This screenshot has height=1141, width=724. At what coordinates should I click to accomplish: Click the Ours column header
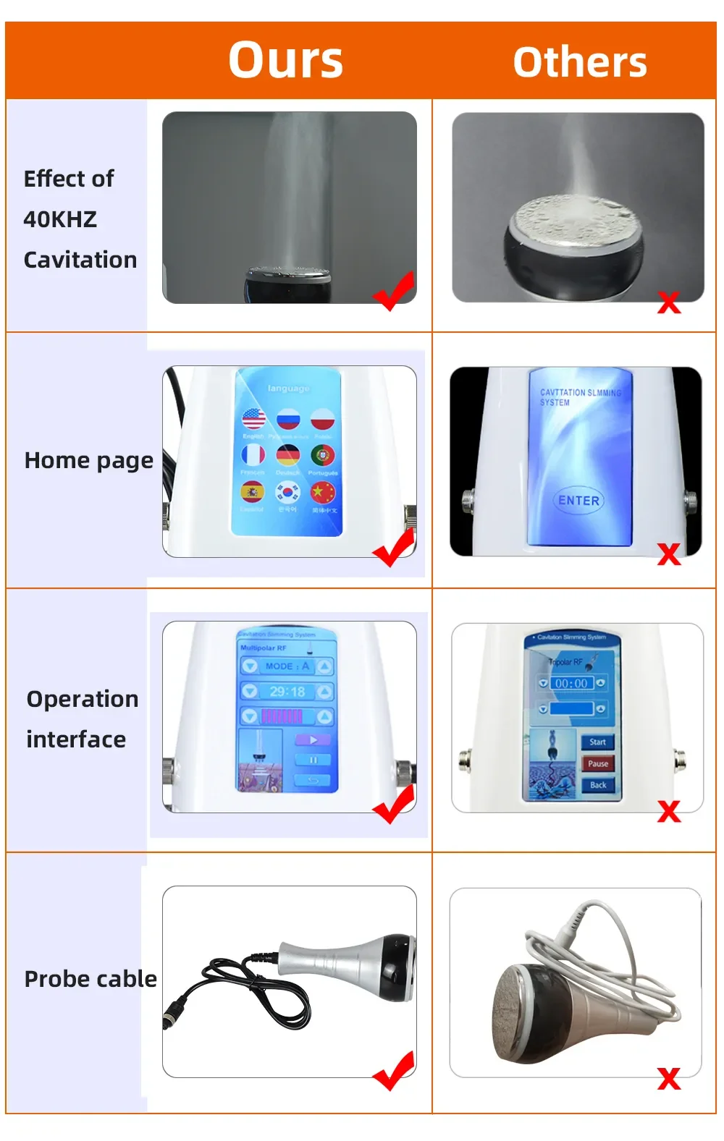click(x=286, y=60)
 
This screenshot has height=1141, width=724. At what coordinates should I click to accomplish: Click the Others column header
click(x=580, y=62)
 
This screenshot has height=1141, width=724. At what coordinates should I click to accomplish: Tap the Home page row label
click(x=88, y=461)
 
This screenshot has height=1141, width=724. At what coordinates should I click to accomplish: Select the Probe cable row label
click(x=90, y=979)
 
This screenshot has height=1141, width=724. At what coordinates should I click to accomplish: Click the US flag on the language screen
click(x=253, y=419)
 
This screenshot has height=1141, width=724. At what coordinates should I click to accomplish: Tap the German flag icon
click(x=288, y=455)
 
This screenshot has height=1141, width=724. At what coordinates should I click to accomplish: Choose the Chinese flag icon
click(x=323, y=493)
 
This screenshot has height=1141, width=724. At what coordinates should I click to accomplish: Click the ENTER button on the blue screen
click(x=578, y=501)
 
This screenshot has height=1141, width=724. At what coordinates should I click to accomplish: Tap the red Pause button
click(x=598, y=763)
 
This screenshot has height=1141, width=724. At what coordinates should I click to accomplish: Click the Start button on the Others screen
click(x=598, y=742)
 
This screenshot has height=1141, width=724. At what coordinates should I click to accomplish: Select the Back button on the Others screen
click(x=598, y=785)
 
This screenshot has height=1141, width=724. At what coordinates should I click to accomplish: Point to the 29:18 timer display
click(x=287, y=692)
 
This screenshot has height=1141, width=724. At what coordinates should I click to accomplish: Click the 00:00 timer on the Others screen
click(x=571, y=683)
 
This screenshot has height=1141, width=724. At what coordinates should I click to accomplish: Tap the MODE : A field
click(x=287, y=666)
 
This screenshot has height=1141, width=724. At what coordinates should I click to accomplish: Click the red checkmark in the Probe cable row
click(x=395, y=1070)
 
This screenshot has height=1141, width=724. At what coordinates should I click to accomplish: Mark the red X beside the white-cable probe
click(x=669, y=1078)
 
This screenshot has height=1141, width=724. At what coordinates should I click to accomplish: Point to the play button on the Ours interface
click(x=313, y=740)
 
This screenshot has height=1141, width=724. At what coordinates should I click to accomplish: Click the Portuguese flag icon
click(x=323, y=455)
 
